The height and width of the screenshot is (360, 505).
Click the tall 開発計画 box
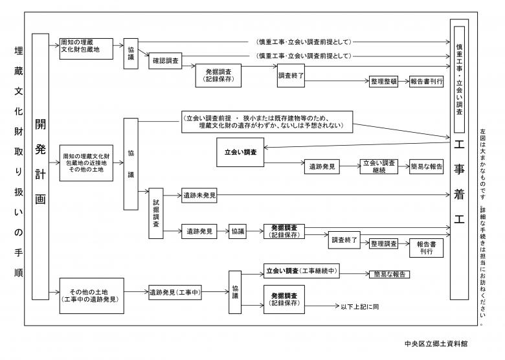(x=40, y=166)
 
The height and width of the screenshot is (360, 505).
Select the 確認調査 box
(x=166, y=62)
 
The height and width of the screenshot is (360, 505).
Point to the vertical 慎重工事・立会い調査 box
(x=459, y=72)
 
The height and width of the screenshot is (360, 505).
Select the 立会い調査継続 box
(x=379, y=166)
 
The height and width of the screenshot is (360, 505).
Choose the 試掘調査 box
(x=156, y=214)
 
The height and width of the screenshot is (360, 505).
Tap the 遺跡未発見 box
(x=199, y=194)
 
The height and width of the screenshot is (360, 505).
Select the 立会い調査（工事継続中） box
(x=303, y=270)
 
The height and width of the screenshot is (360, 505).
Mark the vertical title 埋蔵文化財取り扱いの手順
(x=17, y=162)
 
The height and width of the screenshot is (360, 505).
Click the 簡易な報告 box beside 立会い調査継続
(x=426, y=166)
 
